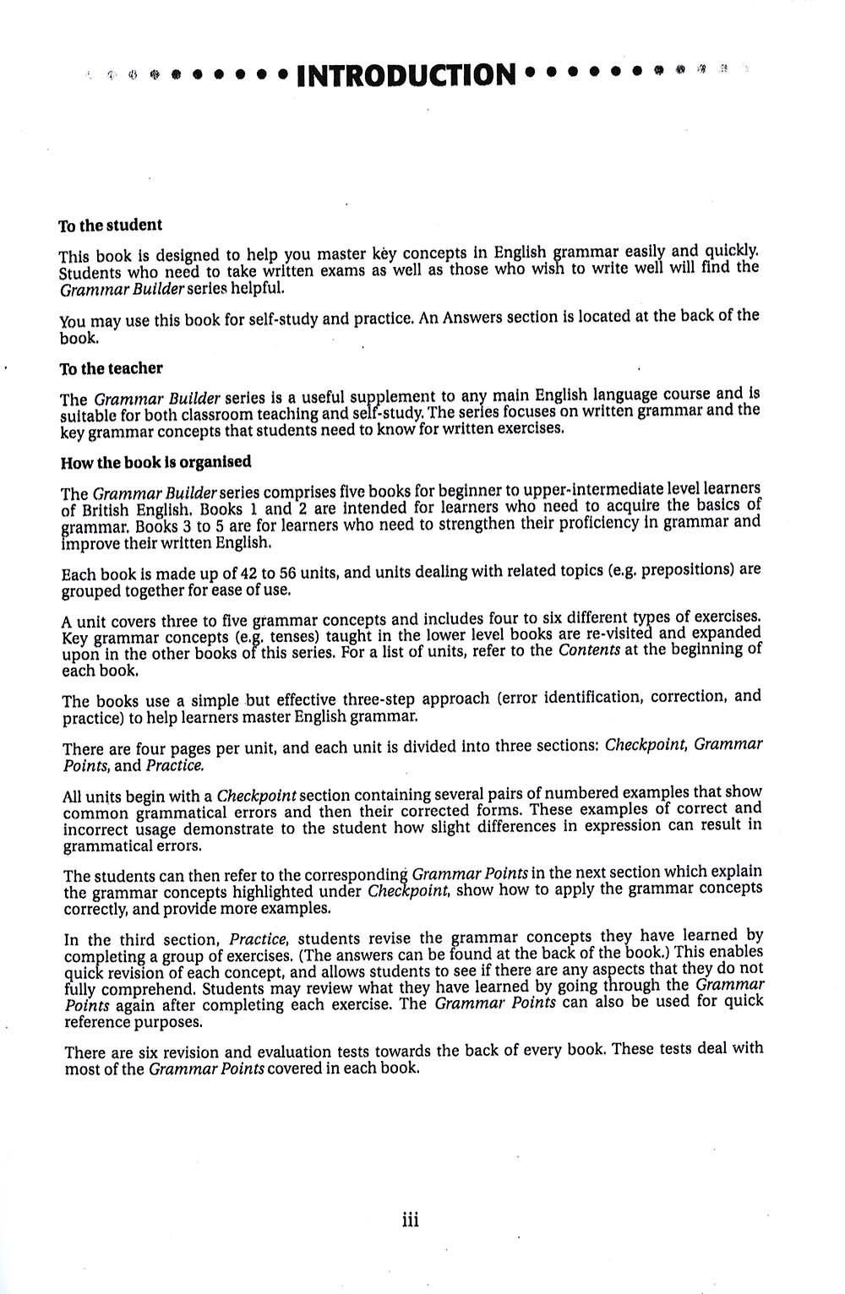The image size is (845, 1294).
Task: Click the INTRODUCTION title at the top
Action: point(406,75)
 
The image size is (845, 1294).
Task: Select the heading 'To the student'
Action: point(110,226)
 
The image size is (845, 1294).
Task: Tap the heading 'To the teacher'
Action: point(111,368)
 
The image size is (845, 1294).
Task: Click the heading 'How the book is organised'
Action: point(156,462)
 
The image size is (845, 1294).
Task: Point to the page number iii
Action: point(411,1219)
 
